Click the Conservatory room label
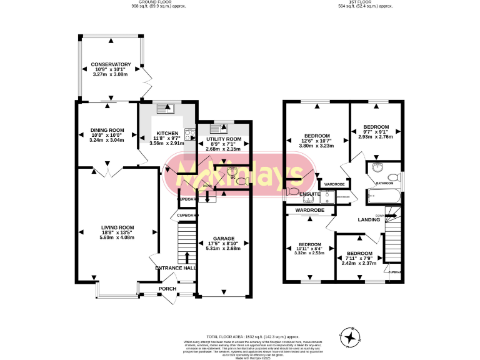point(110,64)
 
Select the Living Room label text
point(118,227)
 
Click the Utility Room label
point(223,139)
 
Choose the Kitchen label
point(167,133)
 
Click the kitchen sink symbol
point(166,110)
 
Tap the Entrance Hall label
point(176,268)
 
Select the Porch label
point(167,289)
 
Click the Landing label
point(369,220)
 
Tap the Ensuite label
point(310,194)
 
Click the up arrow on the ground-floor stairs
point(187,257)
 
